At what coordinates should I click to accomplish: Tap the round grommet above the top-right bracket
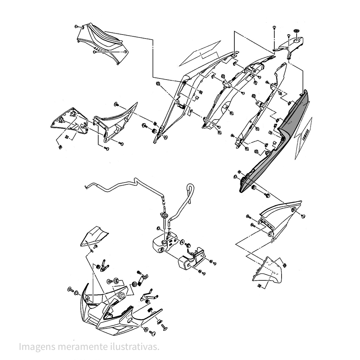pos(297,32)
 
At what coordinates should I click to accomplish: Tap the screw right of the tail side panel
pos(303,215)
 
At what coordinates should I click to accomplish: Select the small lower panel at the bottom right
pos(269,271)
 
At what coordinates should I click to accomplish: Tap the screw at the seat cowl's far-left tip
pos(77,27)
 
